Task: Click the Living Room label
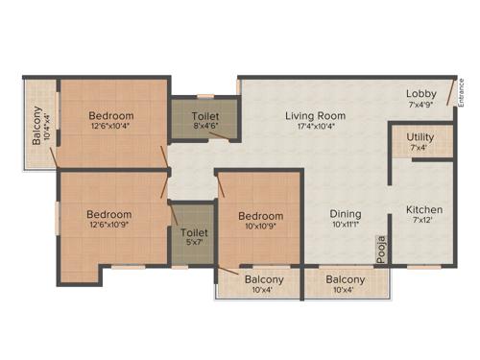(315, 116)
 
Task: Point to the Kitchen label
(423, 209)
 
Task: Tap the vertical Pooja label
(381, 249)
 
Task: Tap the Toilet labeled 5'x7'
(194, 232)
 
